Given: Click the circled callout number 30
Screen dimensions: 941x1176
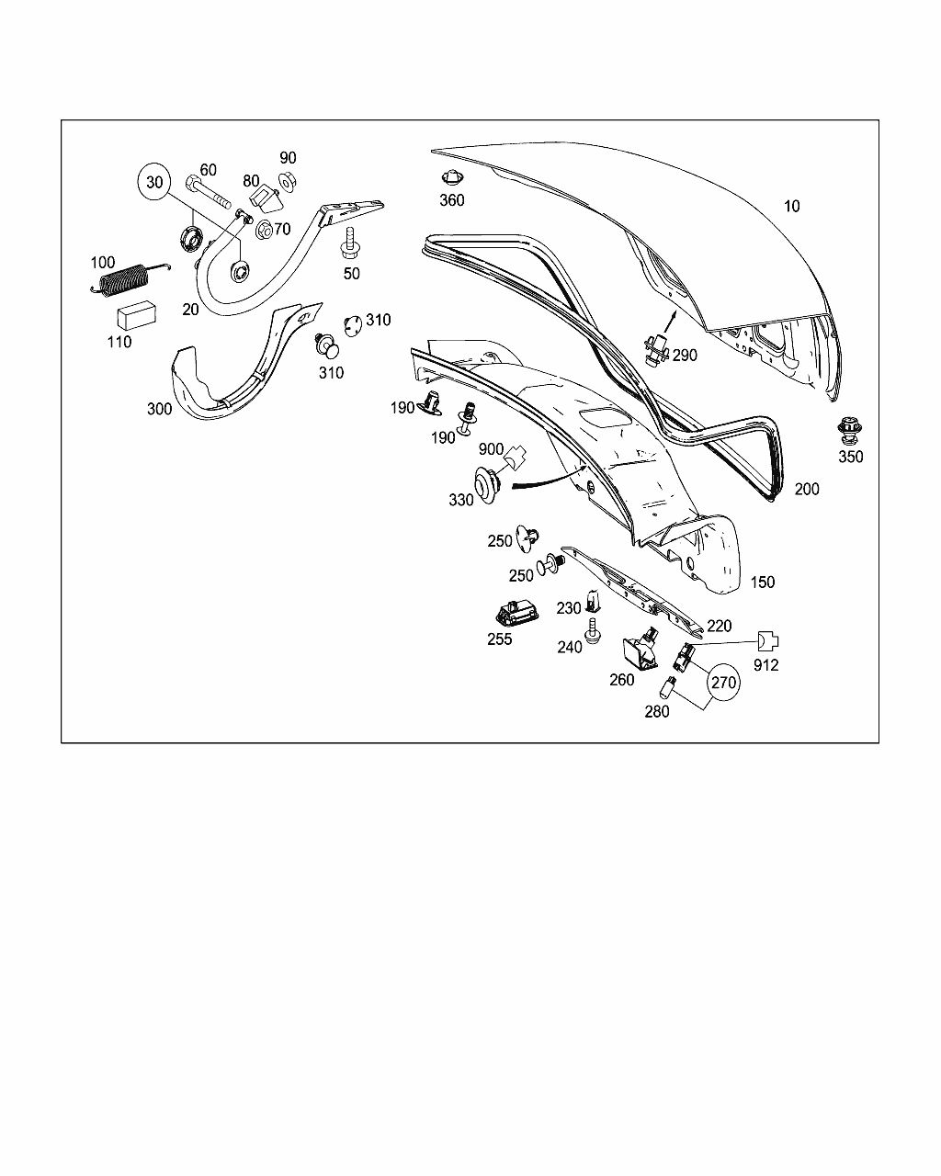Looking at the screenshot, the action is pyautogui.click(x=154, y=181).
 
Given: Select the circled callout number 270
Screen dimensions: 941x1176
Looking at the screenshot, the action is pyautogui.click(x=723, y=683).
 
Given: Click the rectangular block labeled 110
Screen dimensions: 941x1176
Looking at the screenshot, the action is pyautogui.click(x=137, y=315).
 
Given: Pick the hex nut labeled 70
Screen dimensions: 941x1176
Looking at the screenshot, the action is pyautogui.click(x=264, y=229).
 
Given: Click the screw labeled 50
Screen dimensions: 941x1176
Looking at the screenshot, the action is pyautogui.click(x=349, y=243).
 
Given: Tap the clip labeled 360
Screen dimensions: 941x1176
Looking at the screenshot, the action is pyautogui.click(x=452, y=177).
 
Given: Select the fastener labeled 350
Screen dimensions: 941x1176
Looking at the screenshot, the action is pyautogui.click(x=849, y=431).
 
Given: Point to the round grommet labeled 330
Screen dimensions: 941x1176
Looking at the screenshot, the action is pyautogui.click(x=487, y=484).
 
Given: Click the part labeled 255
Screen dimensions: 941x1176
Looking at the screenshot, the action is pyautogui.click(x=516, y=615).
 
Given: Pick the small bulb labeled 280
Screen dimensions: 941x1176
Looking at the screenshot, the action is pyautogui.click(x=667, y=687).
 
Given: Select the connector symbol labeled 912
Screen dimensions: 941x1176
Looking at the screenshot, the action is pyautogui.click(x=767, y=642).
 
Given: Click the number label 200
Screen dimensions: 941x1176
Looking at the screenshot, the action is pyautogui.click(x=807, y=489).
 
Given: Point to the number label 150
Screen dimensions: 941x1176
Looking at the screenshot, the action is pyautogui.click(x=762, y=582).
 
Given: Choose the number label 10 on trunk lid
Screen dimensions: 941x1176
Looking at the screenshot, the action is pyautogui.click(x=792, y=206).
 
